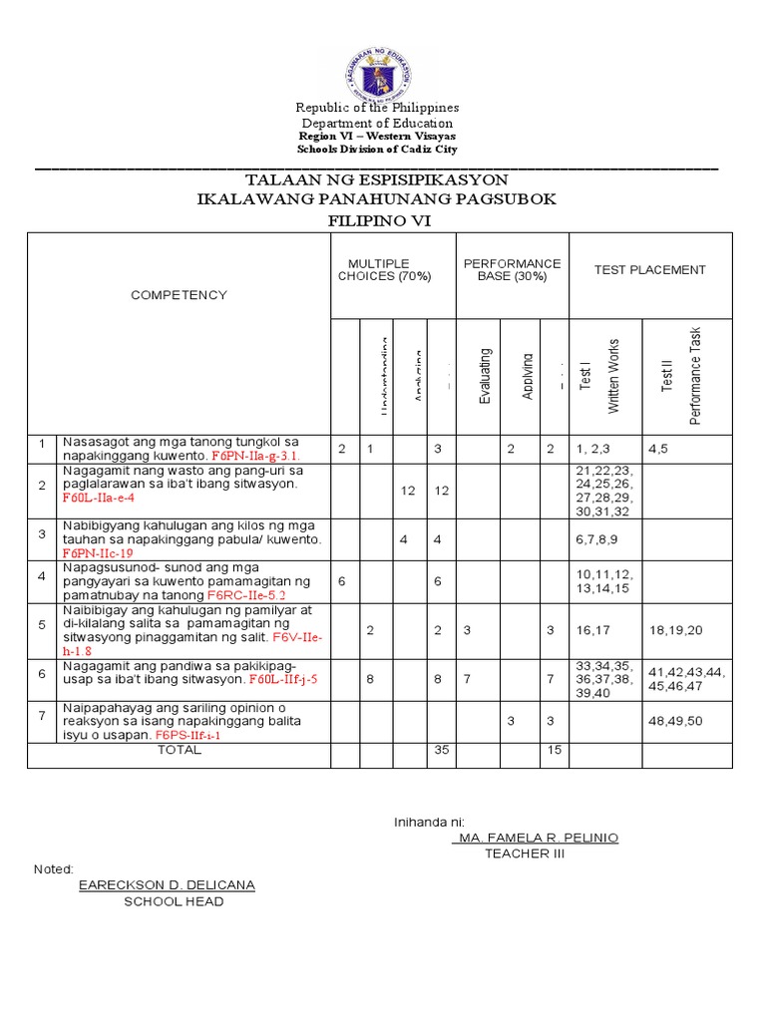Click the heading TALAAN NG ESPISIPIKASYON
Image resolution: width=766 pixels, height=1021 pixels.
377,179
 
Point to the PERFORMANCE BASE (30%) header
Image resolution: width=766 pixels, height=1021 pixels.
512,270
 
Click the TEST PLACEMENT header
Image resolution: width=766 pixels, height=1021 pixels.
649,270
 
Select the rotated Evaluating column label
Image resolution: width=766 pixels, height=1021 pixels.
485,376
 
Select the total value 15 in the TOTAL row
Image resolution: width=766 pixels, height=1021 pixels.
551,750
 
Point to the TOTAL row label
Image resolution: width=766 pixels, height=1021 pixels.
180,750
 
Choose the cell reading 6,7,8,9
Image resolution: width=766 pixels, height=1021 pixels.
597,538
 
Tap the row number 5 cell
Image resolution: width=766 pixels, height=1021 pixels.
42,624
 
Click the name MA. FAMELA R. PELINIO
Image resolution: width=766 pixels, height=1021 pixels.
535,838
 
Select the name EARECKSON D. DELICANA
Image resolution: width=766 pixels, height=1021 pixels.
167,885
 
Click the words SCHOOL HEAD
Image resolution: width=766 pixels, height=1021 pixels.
174,902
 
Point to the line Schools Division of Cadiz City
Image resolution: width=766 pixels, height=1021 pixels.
377,149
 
